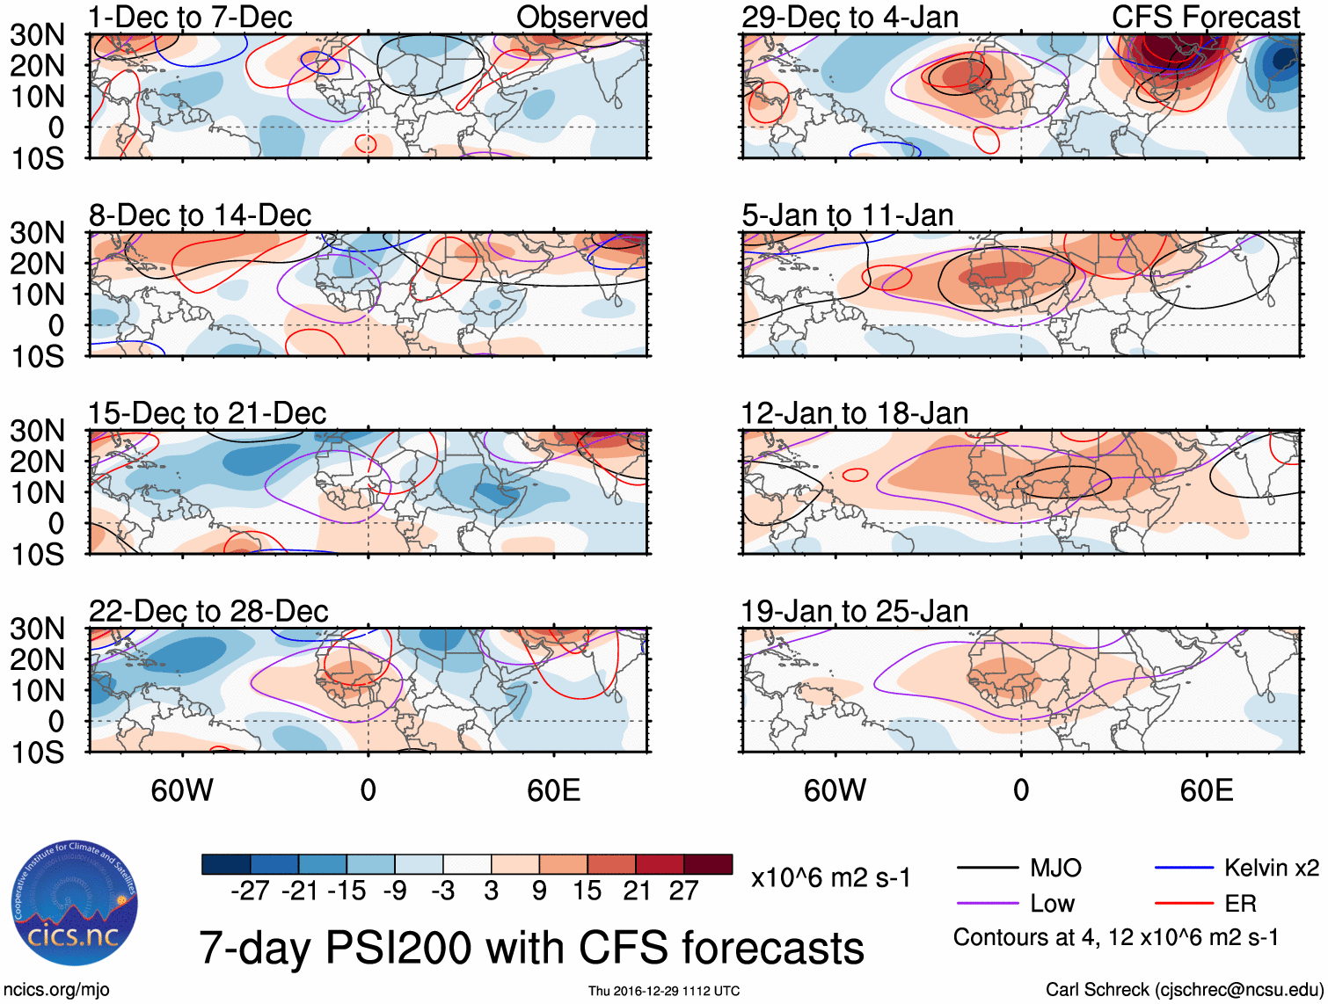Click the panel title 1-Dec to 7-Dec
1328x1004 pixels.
(190, 18)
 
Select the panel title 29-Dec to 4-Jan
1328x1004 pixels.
(850, 18)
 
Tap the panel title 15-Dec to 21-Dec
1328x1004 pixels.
(207, 413)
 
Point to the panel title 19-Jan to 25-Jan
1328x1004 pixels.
(854, 611)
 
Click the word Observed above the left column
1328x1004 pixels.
(581, 18)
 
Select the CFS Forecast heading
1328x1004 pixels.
(1205, 18)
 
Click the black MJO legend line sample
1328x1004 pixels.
(987, 869)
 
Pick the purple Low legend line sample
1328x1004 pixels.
(987, 904)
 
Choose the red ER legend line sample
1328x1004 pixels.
(1184, 904)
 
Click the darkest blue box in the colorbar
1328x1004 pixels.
(226, 864)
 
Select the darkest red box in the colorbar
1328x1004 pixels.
(708, 864)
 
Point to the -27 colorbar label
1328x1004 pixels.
(250, 891)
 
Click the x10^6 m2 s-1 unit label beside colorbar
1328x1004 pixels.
(830, 878)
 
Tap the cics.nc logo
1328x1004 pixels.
(75, 904)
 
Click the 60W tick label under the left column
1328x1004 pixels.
(182, 790)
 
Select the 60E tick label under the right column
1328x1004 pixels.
(1206, 790)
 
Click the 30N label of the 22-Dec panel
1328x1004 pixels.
(37, 629)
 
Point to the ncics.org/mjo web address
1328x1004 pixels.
(56, 990)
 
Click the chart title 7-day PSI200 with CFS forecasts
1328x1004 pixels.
(531, 949)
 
